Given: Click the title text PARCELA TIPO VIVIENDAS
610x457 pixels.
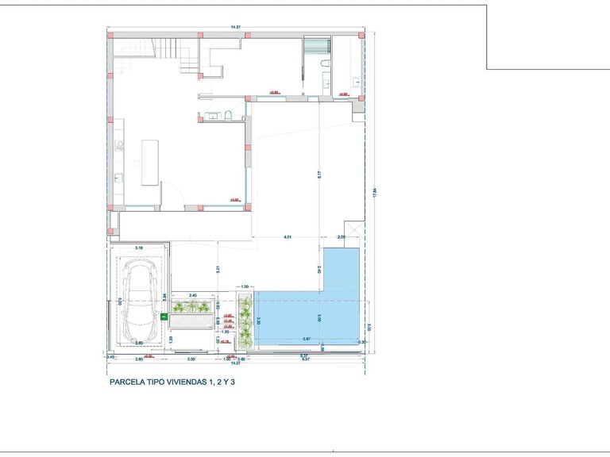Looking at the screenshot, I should pos(172,382).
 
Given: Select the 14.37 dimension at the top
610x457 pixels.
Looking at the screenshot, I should pos(235,28).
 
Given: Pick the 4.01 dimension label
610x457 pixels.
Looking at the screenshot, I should pos(288,237).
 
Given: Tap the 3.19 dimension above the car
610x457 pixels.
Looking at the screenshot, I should pos(139,248).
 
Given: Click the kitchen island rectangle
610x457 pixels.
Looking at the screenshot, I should pos(149,162).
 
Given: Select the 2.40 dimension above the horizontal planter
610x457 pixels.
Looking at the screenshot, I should pos(192,295).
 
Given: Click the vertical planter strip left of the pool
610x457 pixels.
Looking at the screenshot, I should pos(246,321).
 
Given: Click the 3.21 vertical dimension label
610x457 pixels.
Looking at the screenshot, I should pos(217,269).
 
